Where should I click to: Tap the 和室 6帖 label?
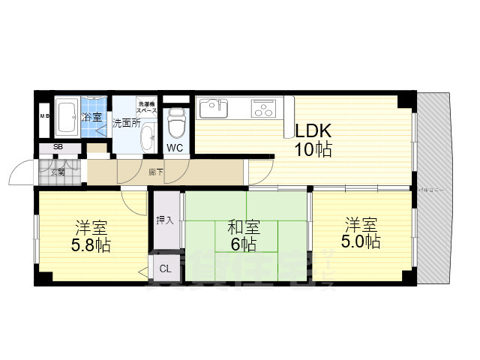244,235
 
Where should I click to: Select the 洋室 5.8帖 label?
91,235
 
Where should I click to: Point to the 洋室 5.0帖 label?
362,232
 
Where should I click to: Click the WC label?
175,148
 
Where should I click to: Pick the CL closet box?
165,268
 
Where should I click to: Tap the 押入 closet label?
165,220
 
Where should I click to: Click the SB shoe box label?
57,147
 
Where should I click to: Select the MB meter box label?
43,117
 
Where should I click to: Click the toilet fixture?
175,122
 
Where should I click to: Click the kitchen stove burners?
263,109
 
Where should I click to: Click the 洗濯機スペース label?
146,106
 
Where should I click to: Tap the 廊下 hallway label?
155,172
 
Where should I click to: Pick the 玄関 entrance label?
58,172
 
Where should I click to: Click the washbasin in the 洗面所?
147,137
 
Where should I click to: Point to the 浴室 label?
92,117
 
